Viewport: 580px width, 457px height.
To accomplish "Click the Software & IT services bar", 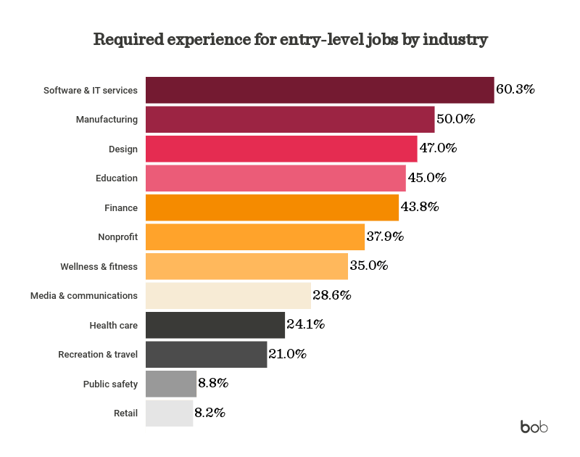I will click(x=320, y=90).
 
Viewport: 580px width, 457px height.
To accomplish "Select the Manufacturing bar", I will click(x=290, y=119).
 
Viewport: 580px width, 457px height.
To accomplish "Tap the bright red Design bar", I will click(x=281, y=149).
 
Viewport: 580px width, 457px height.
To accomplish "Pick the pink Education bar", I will click(x=275, y=178).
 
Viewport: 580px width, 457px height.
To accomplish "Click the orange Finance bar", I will click(x=273, y=207).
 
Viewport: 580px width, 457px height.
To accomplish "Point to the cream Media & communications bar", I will click(x=228, y=296).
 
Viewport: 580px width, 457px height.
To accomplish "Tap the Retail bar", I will click(x=170, y=413).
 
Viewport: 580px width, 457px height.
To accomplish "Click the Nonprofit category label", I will click(x=117, y=237).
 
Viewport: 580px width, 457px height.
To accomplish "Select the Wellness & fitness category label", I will click(x=99, y=266).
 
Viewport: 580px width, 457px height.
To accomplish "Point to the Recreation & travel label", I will click(x=98, y=355).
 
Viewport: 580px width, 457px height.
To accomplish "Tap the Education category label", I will click(x=116, y=178).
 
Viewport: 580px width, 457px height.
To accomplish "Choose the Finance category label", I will click(x=120, y=207).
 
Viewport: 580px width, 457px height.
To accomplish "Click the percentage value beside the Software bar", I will click(x=515, y=90).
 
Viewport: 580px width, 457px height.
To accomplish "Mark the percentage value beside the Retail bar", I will click(x=210, y=413).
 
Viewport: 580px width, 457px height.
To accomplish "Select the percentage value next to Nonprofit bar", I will click(x=385, y=237).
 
